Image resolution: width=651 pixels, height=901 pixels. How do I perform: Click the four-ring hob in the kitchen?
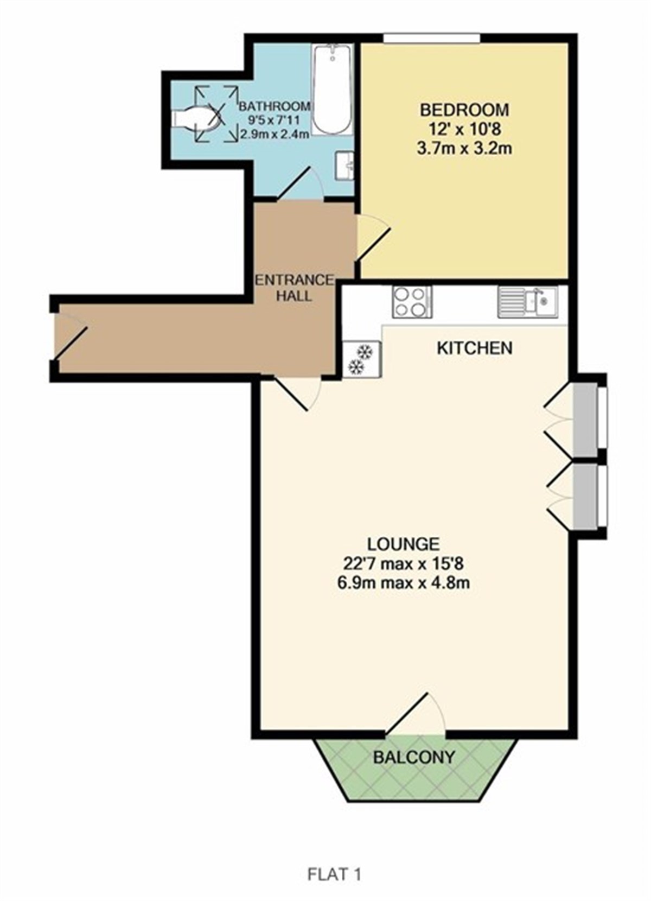412,302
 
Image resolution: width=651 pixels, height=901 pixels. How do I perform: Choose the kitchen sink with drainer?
527,302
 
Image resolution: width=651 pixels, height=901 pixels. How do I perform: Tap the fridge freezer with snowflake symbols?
361,359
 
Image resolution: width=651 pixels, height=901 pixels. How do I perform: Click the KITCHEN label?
475,348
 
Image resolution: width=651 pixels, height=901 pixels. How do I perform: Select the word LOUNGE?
403,544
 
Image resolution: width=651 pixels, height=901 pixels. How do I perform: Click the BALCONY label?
414,757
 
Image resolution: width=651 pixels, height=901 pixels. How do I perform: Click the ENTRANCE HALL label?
295,288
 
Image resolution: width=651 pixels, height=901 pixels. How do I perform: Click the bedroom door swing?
374,238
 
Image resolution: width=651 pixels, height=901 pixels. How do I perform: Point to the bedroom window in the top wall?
432,38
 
